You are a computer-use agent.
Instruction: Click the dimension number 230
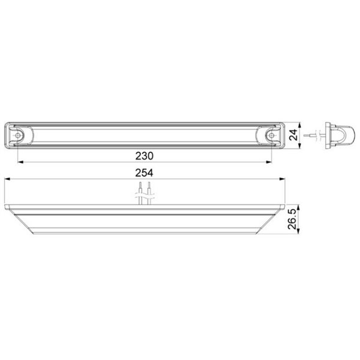[145, 155]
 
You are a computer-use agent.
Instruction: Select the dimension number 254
[145, 173]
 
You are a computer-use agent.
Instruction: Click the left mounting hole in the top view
[20, 136]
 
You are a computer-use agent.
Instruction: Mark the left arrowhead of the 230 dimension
[19, 161]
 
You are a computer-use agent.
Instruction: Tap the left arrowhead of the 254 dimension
[5, 179]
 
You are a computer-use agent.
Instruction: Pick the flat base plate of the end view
[328, 135]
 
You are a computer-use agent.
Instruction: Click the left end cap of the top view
[16, 136]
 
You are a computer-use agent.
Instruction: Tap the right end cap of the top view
[274, 136]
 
